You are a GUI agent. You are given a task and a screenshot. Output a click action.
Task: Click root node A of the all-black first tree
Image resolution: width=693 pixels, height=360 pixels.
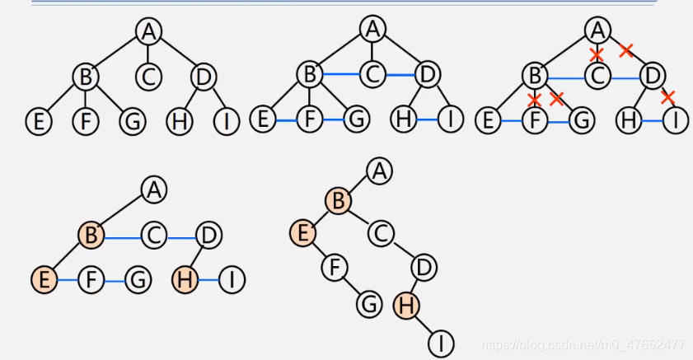[149, 31]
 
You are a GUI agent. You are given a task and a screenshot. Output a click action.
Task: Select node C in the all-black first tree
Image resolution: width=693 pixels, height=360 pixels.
[149, 77]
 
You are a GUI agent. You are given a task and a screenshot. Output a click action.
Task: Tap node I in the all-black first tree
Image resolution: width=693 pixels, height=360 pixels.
[226, 122]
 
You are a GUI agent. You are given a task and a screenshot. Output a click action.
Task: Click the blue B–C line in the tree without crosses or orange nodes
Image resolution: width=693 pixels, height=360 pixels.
[341, 76]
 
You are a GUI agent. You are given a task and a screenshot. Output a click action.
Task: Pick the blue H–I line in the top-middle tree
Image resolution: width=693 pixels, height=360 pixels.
[426, 119]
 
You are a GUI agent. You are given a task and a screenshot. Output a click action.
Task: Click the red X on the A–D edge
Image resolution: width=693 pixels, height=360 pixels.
[625, 51]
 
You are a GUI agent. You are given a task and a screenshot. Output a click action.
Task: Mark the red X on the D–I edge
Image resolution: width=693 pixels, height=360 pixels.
[668, 97]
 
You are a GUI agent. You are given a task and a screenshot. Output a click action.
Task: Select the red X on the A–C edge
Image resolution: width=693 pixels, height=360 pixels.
[597, 54]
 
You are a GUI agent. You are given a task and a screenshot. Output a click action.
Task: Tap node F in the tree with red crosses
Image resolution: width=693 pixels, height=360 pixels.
[535, 121]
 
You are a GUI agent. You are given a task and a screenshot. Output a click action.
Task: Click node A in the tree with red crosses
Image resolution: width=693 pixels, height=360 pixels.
[597, 30]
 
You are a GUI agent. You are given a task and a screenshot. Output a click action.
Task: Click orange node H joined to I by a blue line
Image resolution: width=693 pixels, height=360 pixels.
[185, 280]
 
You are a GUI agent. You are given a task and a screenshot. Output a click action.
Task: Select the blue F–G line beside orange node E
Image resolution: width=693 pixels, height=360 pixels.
[115, 281]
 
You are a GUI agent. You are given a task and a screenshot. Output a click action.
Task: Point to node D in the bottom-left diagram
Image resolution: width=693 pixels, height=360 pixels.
[209, 236]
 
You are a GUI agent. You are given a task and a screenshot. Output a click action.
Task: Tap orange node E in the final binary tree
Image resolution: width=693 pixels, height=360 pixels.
[302, 234]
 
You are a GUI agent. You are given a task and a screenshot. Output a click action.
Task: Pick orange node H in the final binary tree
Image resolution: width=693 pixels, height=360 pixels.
[405, 305]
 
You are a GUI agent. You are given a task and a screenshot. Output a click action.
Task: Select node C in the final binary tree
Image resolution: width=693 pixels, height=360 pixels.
[379, 234]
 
